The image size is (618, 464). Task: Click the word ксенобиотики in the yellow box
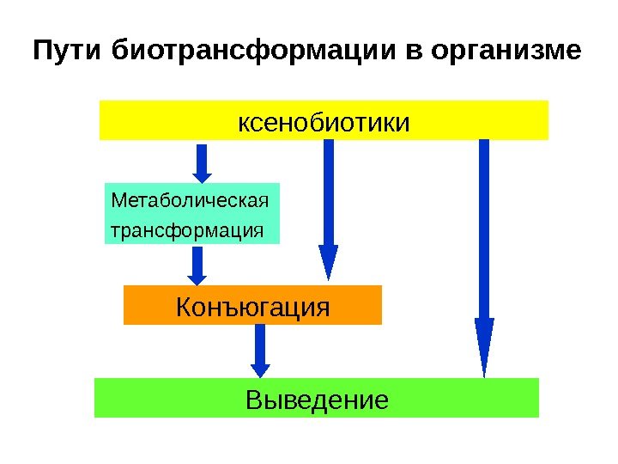pyautogui.click(x=324, y=121)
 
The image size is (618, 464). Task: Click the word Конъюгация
pyautogui.click(x=252, y=305)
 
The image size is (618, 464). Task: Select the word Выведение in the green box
pyautogui.click(x=317, y=400)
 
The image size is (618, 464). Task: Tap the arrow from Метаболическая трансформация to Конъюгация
pyautogui.click(x=197, y=266)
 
